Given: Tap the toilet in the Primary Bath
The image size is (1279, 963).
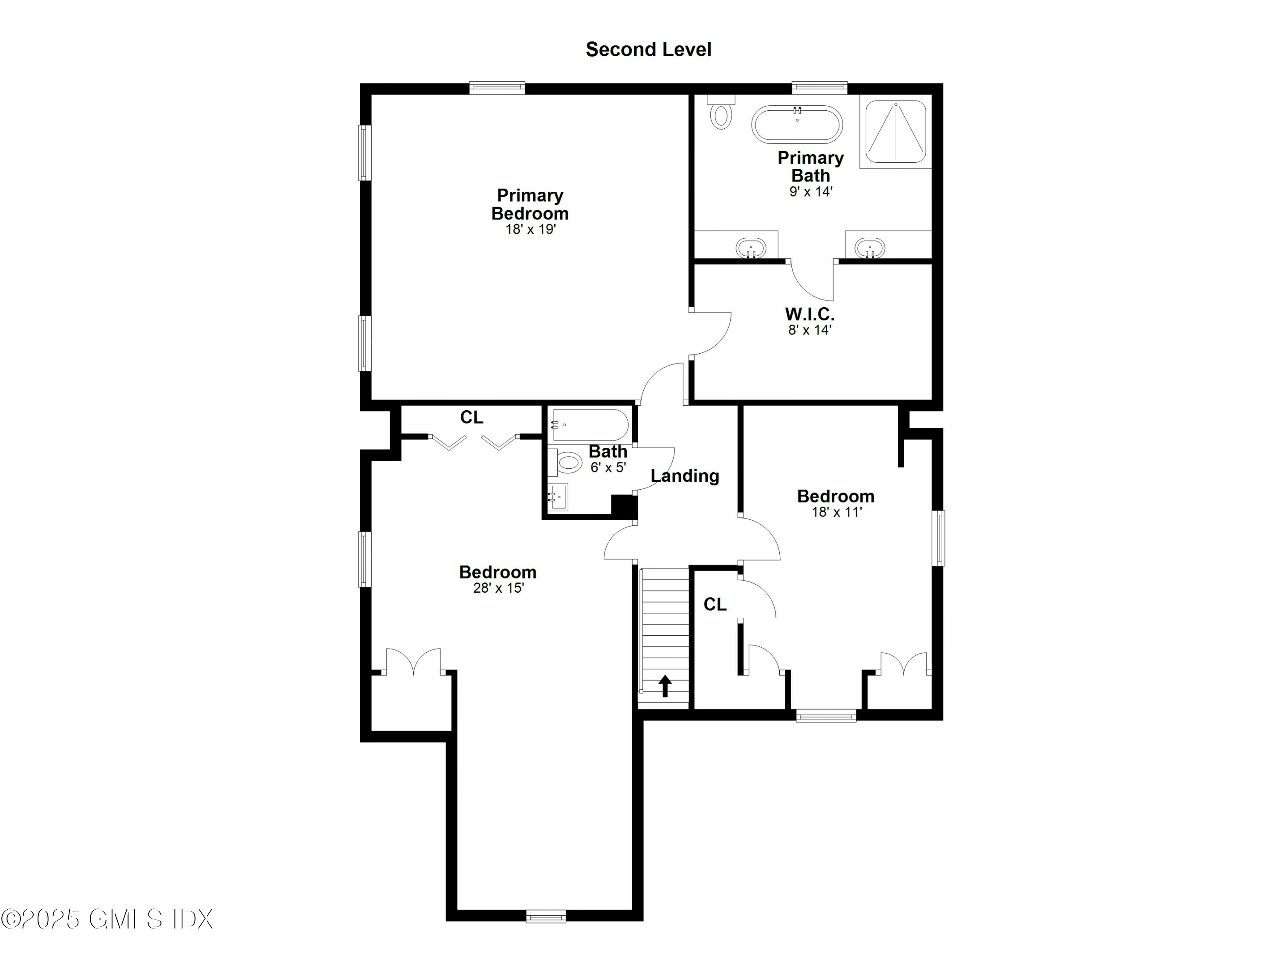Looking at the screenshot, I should click(721, 115).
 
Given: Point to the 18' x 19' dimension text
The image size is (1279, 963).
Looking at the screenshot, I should click(530, 230).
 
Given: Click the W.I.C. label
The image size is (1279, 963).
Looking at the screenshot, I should click(810, 314).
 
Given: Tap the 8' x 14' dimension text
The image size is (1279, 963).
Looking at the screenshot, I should click(810, 330).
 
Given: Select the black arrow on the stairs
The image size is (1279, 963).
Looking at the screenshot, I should click(665, 686).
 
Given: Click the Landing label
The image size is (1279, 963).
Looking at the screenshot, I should click(685, 476).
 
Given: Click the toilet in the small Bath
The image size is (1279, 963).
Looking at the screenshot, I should click(567, 462).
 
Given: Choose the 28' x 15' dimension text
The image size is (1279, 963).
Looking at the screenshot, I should click(498, 588).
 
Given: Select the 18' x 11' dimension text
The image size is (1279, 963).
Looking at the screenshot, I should click(836, 512).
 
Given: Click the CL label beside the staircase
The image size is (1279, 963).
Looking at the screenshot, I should click(715, 605).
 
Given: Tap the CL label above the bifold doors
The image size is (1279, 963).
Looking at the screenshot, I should click(471, 417).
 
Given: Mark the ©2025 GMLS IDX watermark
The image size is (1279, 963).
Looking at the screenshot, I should click(107, 919).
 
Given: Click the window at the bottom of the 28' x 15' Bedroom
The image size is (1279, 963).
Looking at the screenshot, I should click(546, 916).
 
